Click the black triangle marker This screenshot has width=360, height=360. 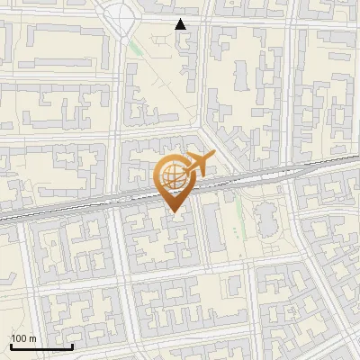click(181, 24)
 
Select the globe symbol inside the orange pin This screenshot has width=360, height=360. click(173, 175)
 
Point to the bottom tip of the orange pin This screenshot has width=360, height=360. click(175, 212)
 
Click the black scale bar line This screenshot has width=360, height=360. click(41, 346)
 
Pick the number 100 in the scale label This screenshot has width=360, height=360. click(19, 338)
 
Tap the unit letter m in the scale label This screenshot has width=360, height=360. click(32, 338)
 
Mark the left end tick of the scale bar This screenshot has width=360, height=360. click(11, 345)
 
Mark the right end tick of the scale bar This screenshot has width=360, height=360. click(72, 345)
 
